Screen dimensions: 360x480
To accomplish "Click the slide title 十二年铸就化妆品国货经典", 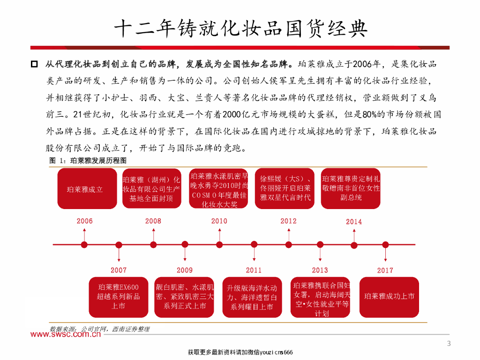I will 240,29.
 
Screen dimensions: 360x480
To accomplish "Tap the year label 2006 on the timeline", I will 84,221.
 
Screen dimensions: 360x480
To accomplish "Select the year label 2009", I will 184,270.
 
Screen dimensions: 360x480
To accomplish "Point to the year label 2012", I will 288,221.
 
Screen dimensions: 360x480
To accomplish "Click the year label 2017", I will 385,270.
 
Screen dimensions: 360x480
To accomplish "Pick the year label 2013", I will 320,270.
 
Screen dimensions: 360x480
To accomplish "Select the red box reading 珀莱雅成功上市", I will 389,296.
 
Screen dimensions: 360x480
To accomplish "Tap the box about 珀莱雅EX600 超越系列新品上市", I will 118,296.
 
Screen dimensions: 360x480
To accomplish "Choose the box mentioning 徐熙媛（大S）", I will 285,188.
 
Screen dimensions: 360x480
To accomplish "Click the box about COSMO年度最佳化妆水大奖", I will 219,190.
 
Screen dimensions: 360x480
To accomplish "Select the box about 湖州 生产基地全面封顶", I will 151,189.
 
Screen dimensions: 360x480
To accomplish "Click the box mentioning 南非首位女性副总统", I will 351,188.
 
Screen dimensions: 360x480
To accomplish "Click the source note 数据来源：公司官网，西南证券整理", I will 99,330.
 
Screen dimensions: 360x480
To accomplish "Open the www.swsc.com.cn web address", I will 66,334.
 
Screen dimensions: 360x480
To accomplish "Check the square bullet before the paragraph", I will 34,63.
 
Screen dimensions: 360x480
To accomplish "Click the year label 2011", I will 254,270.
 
